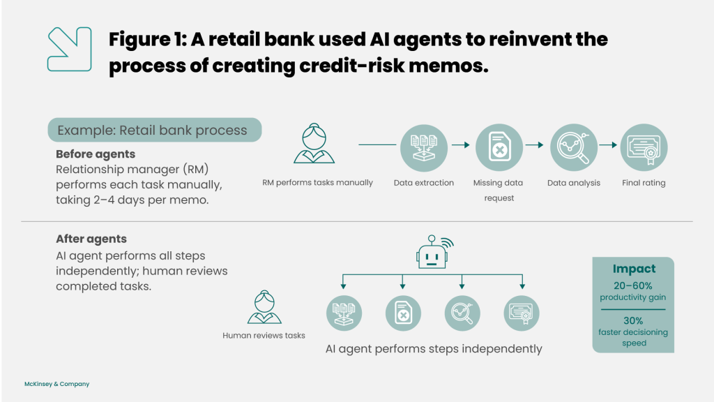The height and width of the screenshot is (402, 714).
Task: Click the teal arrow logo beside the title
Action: click(x=69, y=49)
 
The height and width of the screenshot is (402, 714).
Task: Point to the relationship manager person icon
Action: click(x=313, y=144)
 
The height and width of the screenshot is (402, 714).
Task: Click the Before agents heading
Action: click(x=96, y=154)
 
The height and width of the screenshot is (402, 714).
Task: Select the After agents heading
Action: click(x=91, y=239)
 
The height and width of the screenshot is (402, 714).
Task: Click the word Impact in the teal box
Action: click(x=634, y=269)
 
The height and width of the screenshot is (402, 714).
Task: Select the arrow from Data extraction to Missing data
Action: click(x=459, y=145)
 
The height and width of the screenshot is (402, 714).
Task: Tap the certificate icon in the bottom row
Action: click(x=522, y=313)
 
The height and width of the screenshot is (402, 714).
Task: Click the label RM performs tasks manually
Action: click(x=317, y=183)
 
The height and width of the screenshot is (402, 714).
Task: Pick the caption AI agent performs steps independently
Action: click(x=434, y=349)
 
